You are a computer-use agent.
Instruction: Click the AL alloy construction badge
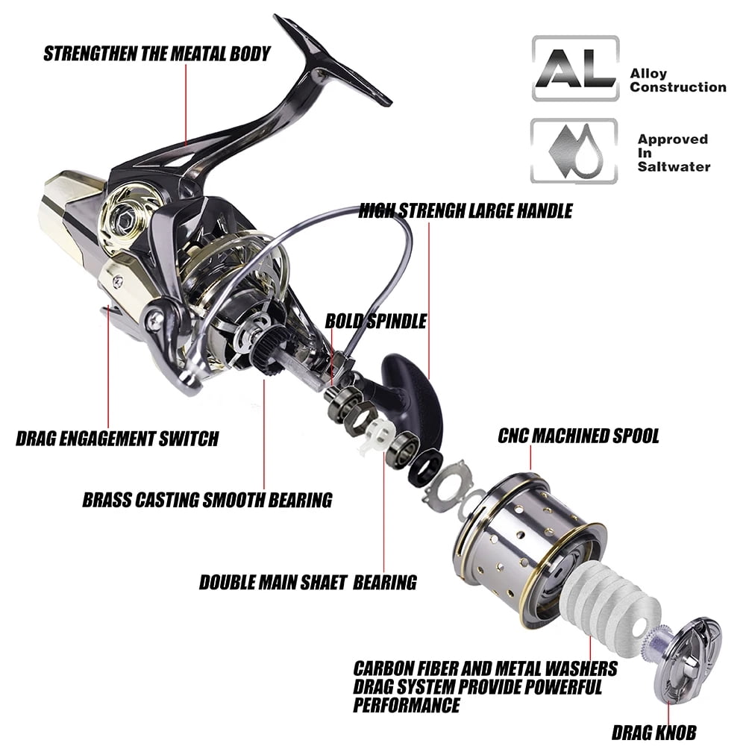(575, 68)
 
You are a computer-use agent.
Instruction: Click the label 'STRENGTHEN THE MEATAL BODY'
(157, 54)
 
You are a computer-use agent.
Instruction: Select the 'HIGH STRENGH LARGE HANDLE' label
(466, 211)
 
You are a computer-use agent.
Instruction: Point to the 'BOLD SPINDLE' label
(376, 321)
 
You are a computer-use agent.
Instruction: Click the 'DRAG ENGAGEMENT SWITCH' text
(118, 438)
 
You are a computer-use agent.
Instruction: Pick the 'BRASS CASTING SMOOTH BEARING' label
(207, 500)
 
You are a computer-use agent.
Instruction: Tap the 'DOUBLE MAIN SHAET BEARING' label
(308, 583)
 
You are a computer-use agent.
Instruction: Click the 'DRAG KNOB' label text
(653, 733)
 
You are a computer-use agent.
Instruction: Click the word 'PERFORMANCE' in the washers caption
(407, 705)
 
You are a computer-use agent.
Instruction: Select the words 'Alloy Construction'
(678, 81)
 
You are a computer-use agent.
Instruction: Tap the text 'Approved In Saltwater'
(674, 153)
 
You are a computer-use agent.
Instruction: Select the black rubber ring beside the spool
(425, 468)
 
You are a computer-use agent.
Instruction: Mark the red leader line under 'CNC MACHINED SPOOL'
(530, 459)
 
